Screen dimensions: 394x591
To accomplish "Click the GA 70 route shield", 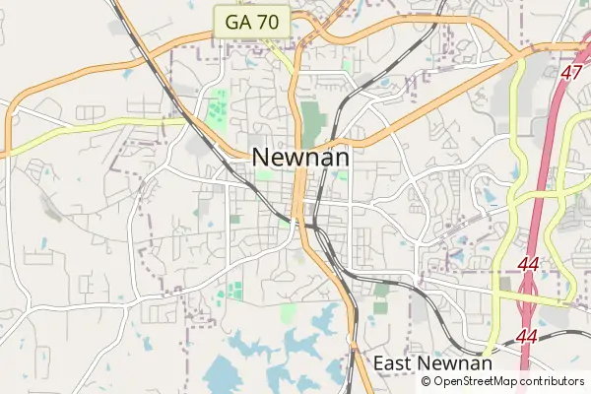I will pyautogui.click(x=253, y=21).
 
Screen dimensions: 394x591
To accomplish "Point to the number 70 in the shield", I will pyautogui.click(x=267, y=21).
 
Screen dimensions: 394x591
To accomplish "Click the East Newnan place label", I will pyautogui.click(x=432, y=363).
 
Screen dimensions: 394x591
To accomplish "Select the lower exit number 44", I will pyautogui.click(x=527, y=337).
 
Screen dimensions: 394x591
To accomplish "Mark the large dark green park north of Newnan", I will pyautogui.click(x=313, y=122).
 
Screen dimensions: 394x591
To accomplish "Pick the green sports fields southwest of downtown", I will pyautogui.click(x=234, y=291).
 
